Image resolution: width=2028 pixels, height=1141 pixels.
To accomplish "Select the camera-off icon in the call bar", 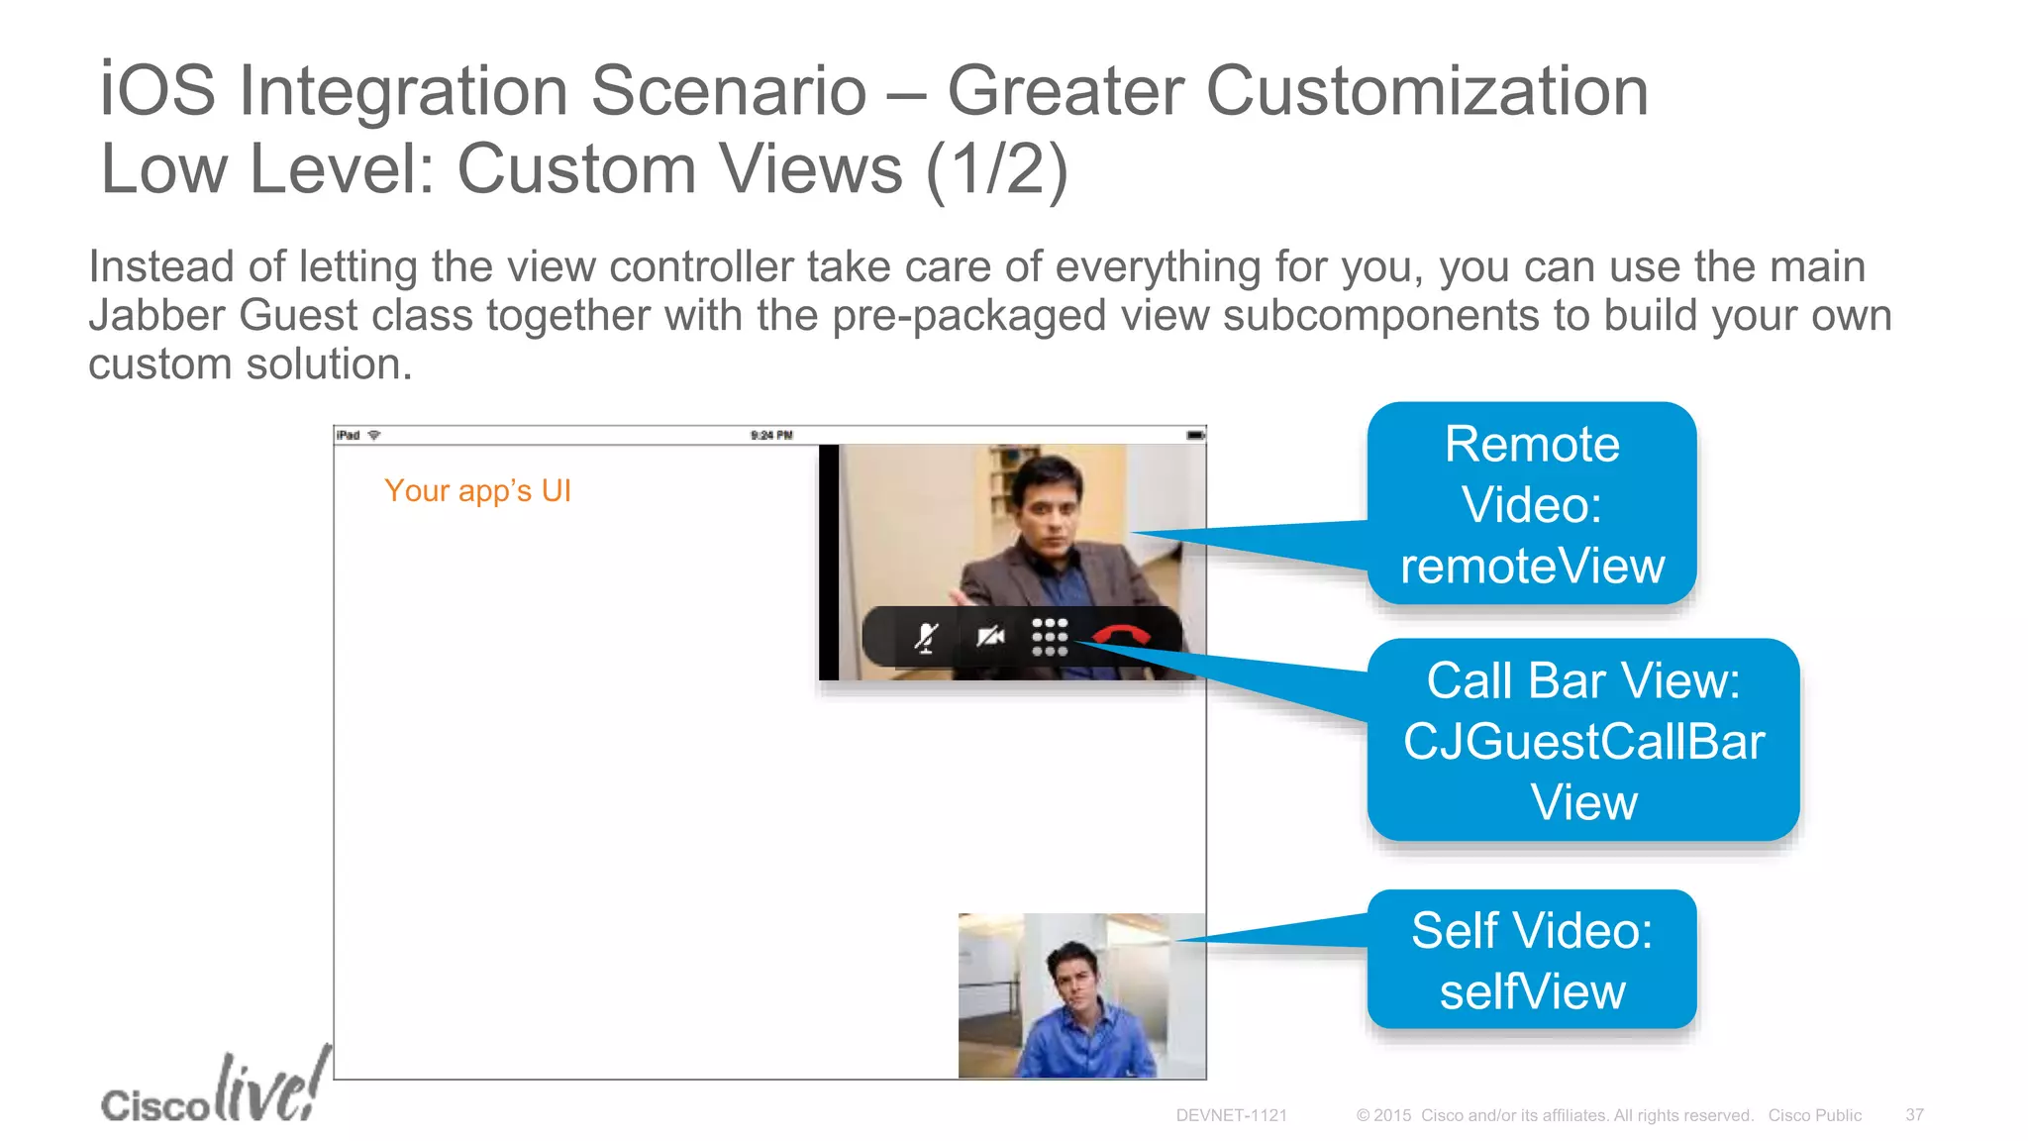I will pyautogui.click(x=989, y=636).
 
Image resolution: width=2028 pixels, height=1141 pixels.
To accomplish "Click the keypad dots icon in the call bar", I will pyautogui.click(x=1050, y=637).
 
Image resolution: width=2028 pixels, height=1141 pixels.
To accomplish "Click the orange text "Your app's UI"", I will pyautogui.click(x=477, y=491).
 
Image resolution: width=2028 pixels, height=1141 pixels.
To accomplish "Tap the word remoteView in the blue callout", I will pyautogui.click(x=1532, y=567).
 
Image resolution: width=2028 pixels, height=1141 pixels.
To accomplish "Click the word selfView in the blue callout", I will pyautogui.click(x=1532, y=991).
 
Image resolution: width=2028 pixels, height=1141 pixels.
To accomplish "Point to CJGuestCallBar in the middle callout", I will pyautogui.click(x=1583, y=742).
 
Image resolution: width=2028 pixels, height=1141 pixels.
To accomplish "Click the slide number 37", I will pyautogui.click(x=1914, y=1115).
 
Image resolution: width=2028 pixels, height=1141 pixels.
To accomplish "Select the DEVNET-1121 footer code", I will pyautogui.click(x=1231, y=1115).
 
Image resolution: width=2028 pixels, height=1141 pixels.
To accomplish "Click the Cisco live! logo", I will pyautogui.click(x=214, y=1090).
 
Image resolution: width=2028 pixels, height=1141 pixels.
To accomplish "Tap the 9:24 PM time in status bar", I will pyautogui.click(x=771, y=435).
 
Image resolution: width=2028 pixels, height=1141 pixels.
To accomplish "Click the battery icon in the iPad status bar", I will pyautogui.click(x=1195, y=435).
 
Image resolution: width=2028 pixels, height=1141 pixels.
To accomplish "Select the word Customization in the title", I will pyautogui.click(x=1426, y=91).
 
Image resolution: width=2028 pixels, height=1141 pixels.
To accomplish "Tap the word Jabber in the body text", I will pyautogui.click(x=158, y=316).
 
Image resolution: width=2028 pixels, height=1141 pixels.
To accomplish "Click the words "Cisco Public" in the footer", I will pyautogui.click(x=1814, y=1115).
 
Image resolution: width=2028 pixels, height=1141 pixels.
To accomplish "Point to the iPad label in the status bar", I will pyautogui.click(x=348, y=435).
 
